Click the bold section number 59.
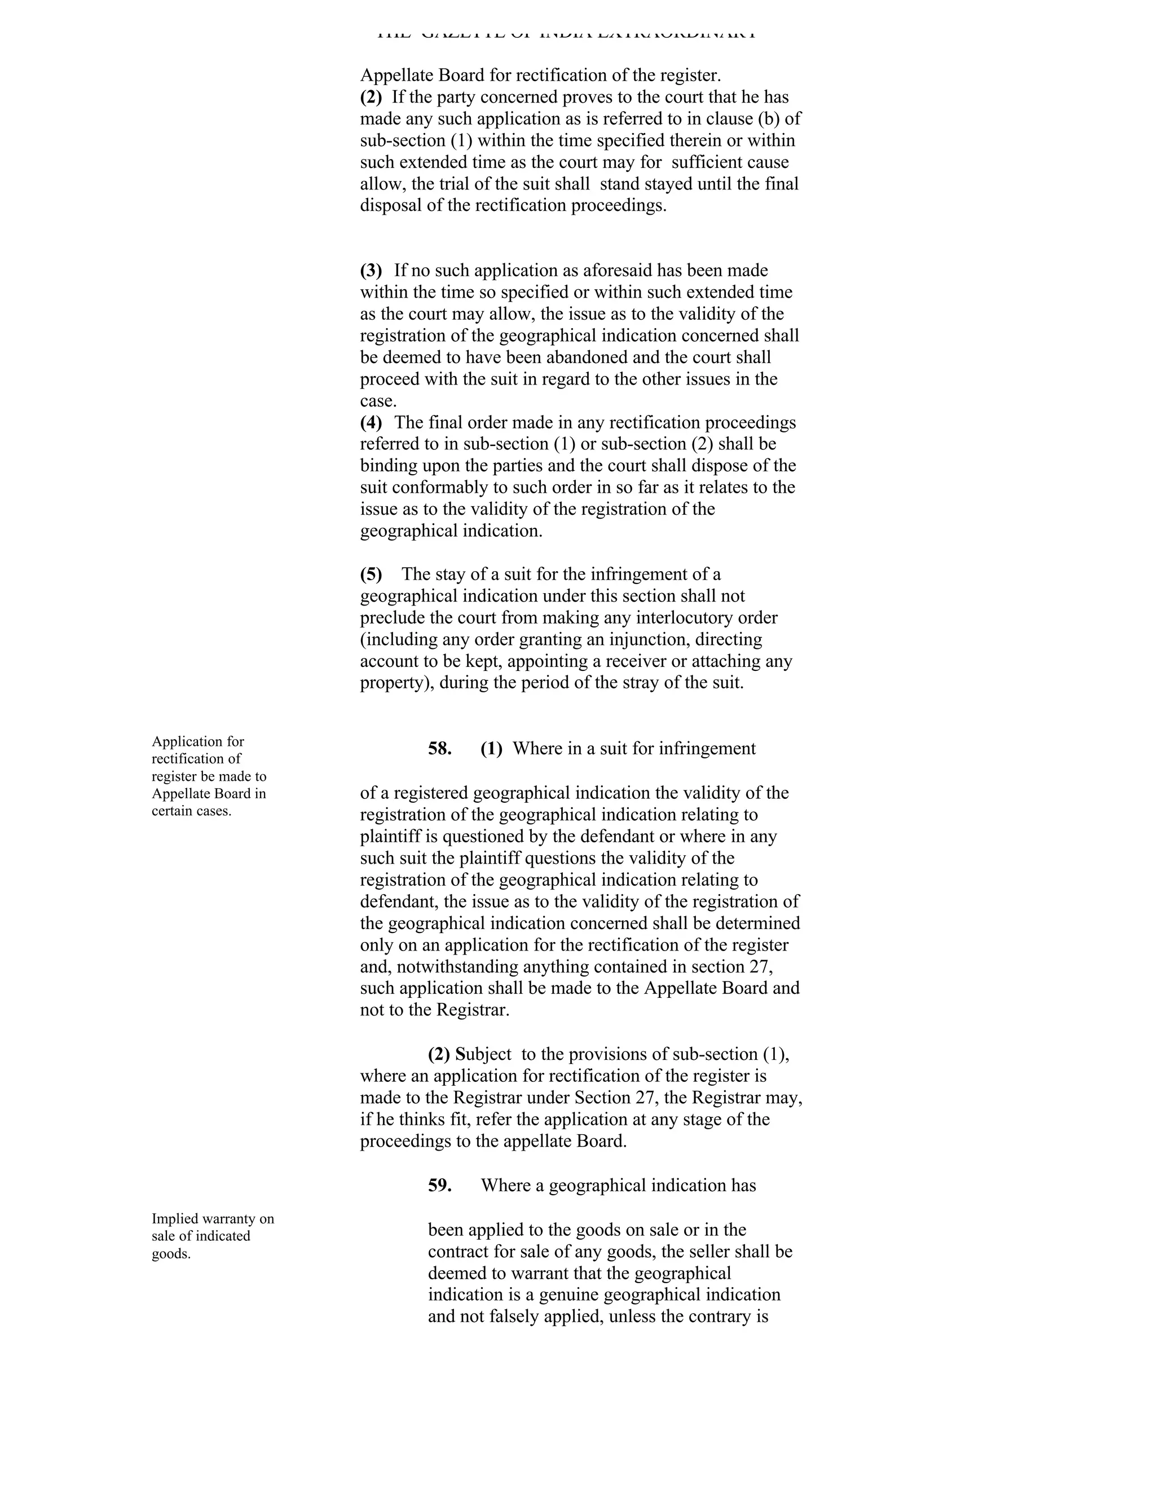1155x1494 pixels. click(x=439, y=1186)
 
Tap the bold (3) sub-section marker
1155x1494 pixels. click(x=371, y=270)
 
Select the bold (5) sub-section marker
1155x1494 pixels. click(x=371, y=574)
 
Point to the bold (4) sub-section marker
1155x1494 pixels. click(x=371, y=422)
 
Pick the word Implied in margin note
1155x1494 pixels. click(x=174, y=1218)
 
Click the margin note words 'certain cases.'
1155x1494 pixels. click(x=192, y=811)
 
